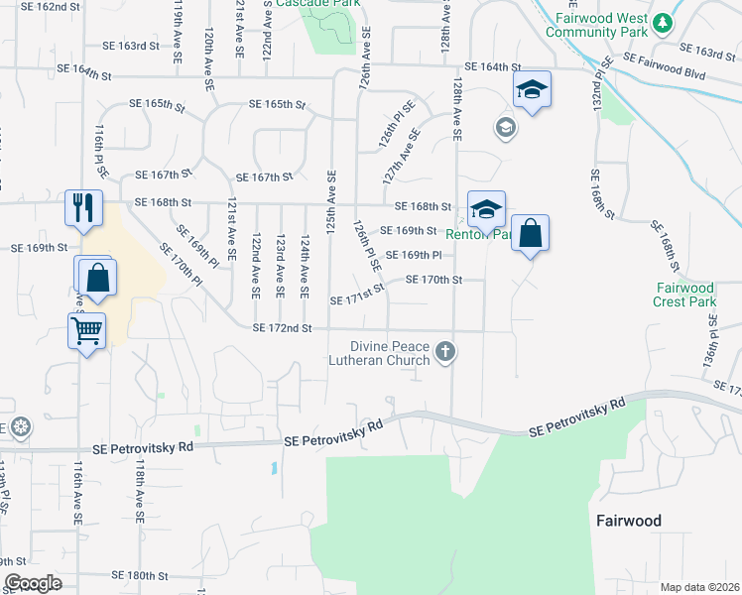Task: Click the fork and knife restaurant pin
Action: pos(81,207)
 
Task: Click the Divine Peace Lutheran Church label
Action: pos(380,353)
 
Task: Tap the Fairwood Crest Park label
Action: pos(684,295)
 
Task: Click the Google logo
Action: pos(32,583)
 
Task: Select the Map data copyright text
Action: pos(698,587)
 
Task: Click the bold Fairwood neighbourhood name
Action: pos(628,520)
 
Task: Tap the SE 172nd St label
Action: pos(282,327)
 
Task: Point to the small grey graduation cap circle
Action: pos(505,127)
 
